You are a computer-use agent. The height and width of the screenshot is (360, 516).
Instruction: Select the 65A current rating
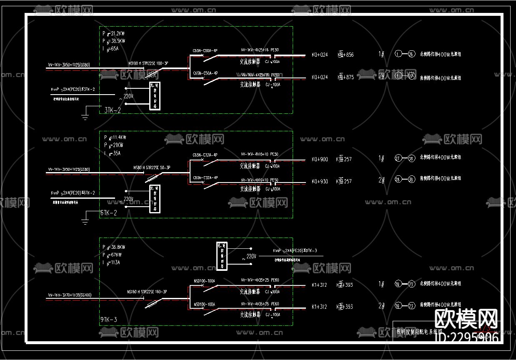pyautogui.click(x=115, y=48)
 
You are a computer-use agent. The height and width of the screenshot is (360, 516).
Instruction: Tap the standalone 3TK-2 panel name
pyautogui.click(x=113, y=110)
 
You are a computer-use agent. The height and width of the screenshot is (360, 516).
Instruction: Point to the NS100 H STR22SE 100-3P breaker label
pyautogui.click(x=148, y=63)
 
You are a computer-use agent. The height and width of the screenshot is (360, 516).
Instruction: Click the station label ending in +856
pyautogui.click(x=346, y=55)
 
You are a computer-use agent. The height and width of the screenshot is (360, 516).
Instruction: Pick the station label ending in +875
pyautogui.click(x=346, y=77)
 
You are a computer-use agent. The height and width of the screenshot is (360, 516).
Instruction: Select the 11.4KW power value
pyautogui.click(x=118, y=137)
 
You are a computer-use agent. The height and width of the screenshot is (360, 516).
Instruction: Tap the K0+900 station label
pyautogui.click(x=320, y=159)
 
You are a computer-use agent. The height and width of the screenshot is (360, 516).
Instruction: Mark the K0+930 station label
pyautogui.click(x=320, y=181)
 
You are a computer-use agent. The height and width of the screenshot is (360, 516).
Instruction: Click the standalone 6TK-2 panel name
pyautogui.click(x=108, y=213)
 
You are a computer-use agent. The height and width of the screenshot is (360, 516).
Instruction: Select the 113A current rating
pyautogui.click(x=116, y=262)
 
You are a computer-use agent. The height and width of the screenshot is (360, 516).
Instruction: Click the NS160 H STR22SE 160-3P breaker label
pyautogui.click(x=147, y=292)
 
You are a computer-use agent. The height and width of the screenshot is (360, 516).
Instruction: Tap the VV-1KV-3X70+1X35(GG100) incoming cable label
pyautogui.click(x=70, y=295)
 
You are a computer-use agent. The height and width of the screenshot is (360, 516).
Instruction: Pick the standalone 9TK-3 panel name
pyautogui.click(x=109, y=320)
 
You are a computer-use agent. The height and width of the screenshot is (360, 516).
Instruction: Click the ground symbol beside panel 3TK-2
pyautogui.click(x=85, y=116)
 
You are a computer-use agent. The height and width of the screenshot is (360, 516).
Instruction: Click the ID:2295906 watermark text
pyautogui.click(x=466, y=338)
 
